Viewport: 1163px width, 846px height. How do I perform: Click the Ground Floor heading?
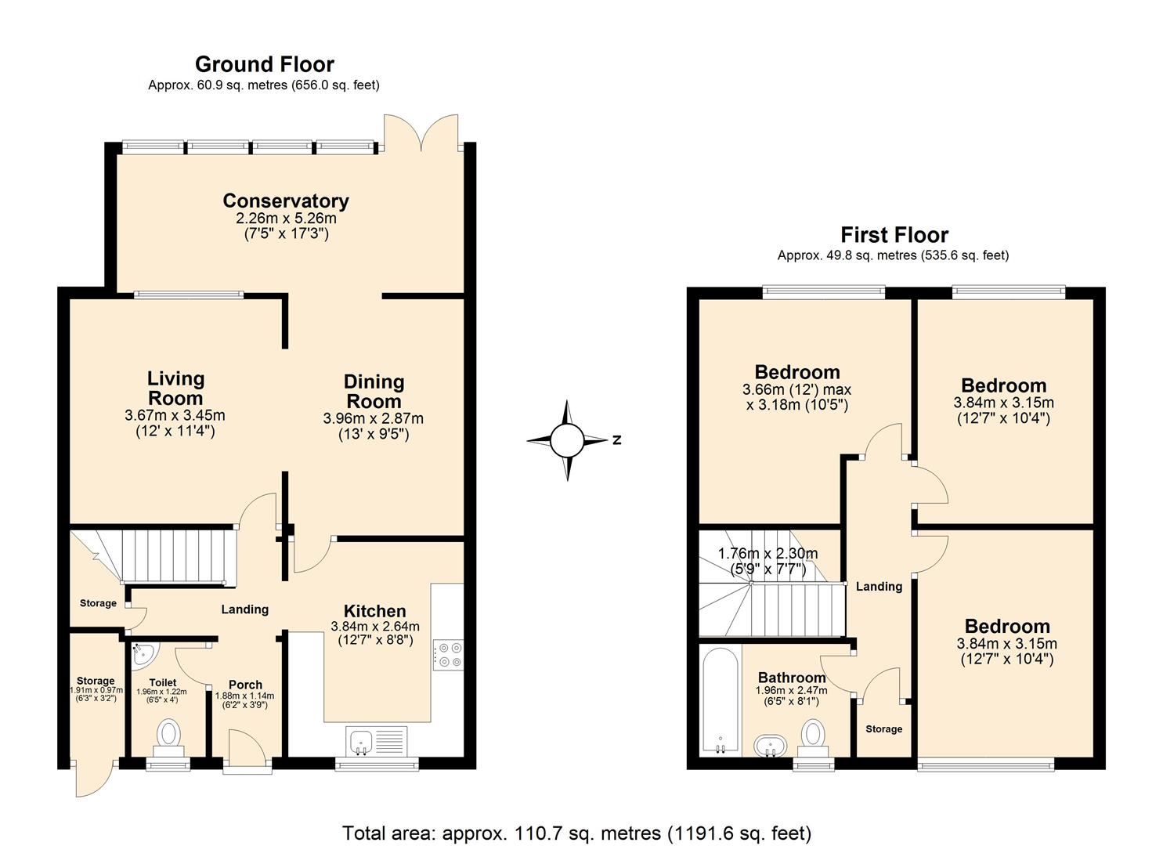264,64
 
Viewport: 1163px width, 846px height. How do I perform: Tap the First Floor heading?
894,235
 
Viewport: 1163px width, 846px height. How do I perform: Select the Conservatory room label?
286,201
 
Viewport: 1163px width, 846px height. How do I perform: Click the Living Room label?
175,389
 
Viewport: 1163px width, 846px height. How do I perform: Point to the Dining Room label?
374,392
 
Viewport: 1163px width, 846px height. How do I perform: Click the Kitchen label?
374,611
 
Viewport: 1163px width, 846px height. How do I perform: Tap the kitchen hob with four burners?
447,655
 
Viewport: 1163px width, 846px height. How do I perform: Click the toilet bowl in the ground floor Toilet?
168,736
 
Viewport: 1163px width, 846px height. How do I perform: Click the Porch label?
245,685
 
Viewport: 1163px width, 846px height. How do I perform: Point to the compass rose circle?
567,440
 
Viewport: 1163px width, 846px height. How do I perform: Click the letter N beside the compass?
617,440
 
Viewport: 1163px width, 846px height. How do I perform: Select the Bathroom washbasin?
770,745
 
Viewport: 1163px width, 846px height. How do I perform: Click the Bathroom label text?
791,678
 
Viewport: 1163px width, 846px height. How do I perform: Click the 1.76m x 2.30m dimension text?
768,554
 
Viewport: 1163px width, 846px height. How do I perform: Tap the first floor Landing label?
879,586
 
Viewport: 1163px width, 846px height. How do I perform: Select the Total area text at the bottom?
576,833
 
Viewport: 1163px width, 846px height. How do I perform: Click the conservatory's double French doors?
421,133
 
